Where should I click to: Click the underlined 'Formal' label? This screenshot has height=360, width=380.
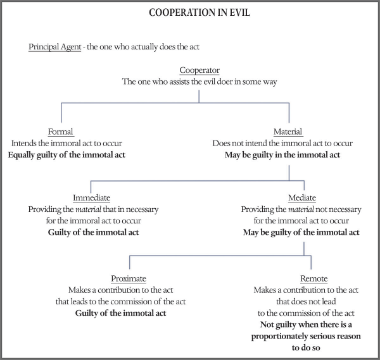click(61, 132)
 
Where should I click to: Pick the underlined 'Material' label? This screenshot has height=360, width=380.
click(289, 132)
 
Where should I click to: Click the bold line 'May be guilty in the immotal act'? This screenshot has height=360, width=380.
click(289, 155)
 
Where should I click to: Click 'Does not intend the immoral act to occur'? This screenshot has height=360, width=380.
click(289, 144)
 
